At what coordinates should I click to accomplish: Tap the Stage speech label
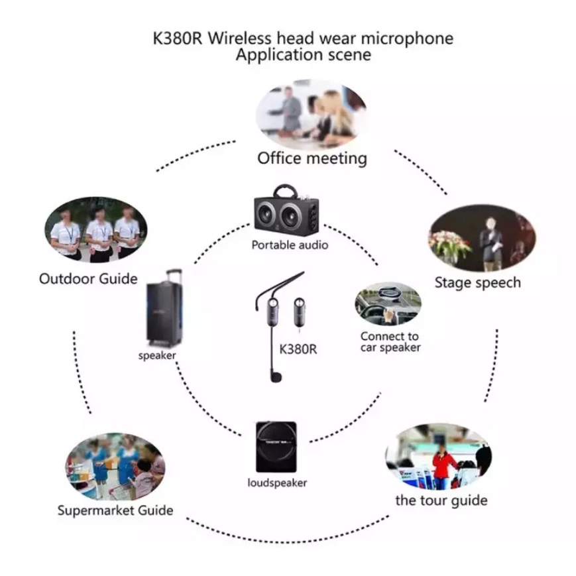point(477,282)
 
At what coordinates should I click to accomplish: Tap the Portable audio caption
point(290,245)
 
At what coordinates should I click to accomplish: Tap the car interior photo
point(388,303)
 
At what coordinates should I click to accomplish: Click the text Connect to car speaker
point(390,342)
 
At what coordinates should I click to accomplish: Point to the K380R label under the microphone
point(298,348)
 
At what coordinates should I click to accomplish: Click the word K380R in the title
point(178,38)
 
